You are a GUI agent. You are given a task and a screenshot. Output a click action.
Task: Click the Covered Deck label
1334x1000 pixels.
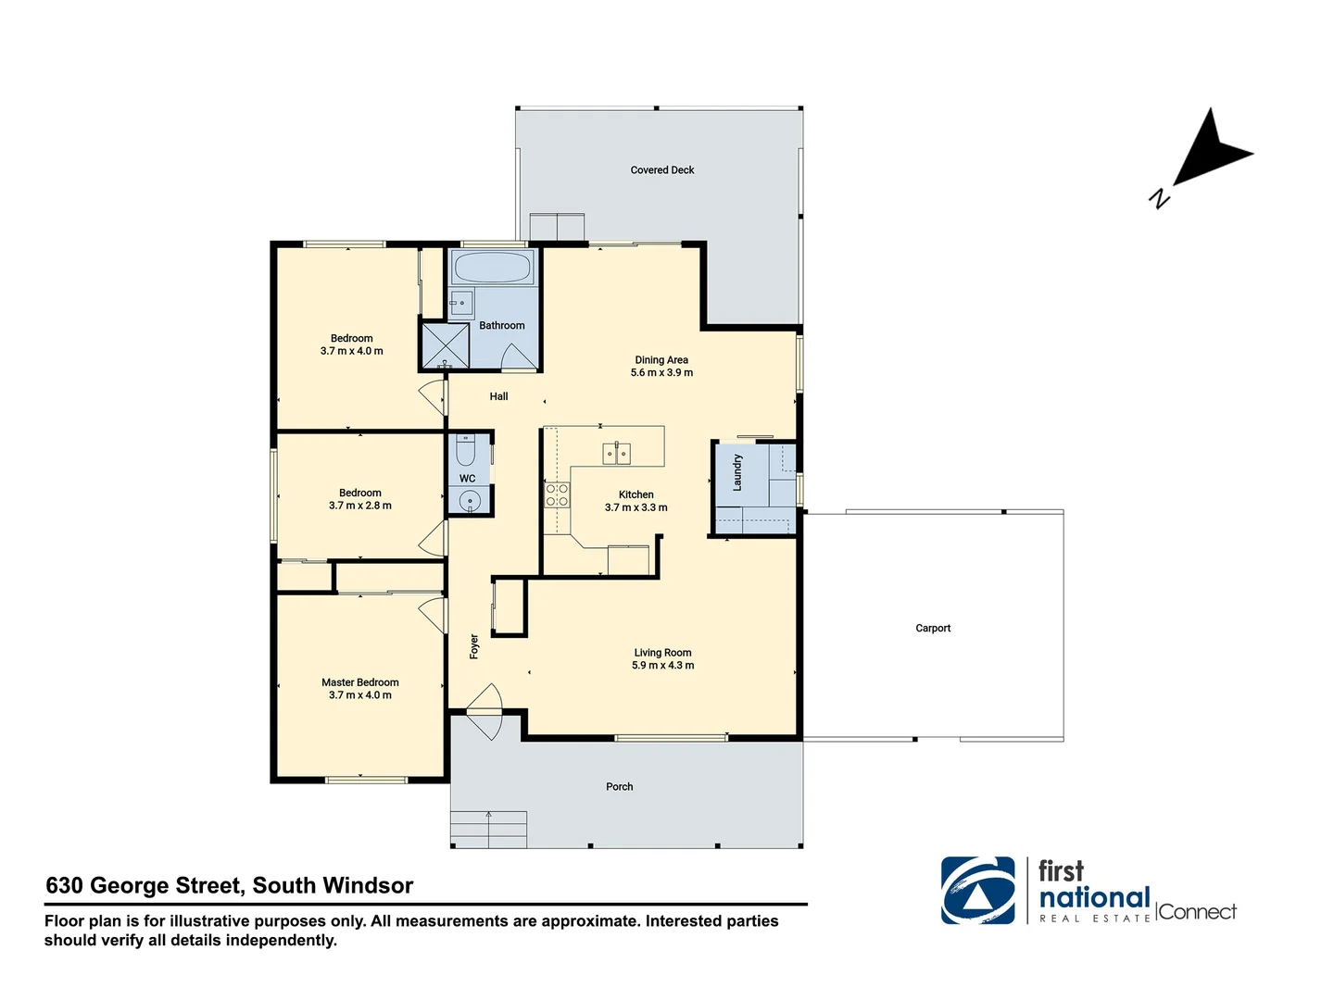(x=661, y=170)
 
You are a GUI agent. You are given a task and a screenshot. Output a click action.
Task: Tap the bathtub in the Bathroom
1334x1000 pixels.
(x=491, y=269)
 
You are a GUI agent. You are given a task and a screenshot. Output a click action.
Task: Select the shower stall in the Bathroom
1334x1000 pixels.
(x=445, y=344)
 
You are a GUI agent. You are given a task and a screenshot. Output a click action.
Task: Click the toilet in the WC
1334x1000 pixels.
(x=466, y=451)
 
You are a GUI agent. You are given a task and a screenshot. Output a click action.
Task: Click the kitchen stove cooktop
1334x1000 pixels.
(x=557, y=495)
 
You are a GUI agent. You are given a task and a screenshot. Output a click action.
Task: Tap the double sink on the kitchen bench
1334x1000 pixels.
(x=617, y=453)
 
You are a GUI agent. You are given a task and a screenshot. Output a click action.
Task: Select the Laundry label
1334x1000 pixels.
(x=737, y=472)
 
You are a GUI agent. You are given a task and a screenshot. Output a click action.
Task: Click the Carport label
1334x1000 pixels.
(x=933, y=629)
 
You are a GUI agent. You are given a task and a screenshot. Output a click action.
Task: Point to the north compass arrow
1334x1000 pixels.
(x=1209, y=152)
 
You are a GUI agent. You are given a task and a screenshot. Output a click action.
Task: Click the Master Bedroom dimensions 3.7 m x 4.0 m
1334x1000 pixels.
(x=360, y=695)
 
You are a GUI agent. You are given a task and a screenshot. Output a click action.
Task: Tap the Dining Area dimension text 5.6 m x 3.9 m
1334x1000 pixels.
(x=661, y=373)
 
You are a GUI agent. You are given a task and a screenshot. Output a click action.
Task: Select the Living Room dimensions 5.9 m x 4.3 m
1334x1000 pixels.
(x=662, y=666)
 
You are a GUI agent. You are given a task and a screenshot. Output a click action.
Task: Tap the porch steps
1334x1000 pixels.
(x=488, y=829)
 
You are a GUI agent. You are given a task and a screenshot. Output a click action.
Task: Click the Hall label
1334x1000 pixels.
(x=498, y=396)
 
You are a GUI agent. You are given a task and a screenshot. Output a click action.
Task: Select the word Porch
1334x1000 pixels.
(x=619, y=787)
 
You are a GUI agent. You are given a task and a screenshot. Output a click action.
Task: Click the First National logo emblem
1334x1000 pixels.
(x=977, y=891)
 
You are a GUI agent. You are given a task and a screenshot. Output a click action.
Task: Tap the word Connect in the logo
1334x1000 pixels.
(x=1197, y=912)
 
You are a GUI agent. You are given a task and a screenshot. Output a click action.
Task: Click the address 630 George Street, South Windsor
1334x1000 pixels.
(x=230, y=886)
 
